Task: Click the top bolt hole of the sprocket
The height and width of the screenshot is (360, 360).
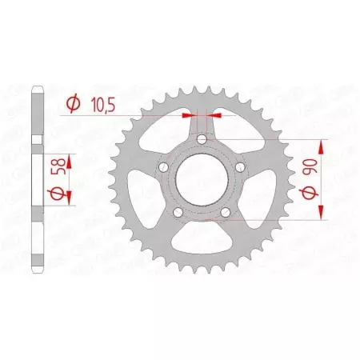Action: [202, 139]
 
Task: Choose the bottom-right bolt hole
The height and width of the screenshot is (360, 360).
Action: [226, 212]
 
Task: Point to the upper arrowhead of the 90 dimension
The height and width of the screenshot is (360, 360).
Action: [323, 144]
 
